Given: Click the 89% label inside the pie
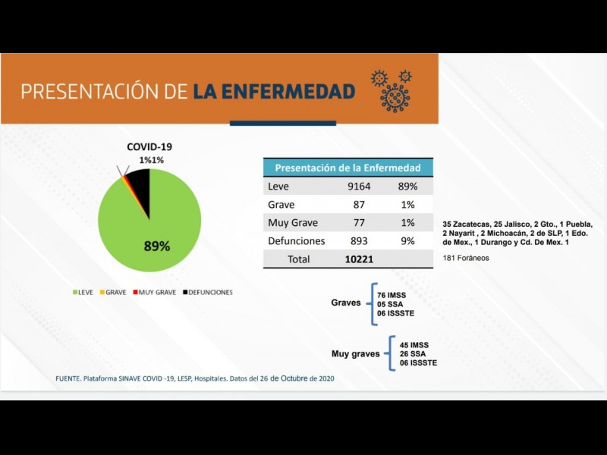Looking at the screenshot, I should click(x=157, y=246).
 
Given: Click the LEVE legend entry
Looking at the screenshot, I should click(x=82, y=292).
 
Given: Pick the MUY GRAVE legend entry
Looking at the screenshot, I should click(x=154, y=292).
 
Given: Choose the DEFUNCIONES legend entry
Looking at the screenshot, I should click(x=206, y=292).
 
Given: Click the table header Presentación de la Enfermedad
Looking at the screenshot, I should click(x=348, y=168).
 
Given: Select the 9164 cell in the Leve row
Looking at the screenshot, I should click(x=356, y=187).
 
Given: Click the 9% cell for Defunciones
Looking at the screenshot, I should click(x=407, y=241).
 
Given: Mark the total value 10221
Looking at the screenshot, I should click(x=359, y=259).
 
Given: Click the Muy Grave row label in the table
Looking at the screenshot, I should click(x=293, y=223).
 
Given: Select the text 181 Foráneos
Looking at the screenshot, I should click(x=466, y=258).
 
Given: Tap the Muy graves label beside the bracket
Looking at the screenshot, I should click(x=356, y=354).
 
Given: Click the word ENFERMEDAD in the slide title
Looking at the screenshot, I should click(x=274, y=92).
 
